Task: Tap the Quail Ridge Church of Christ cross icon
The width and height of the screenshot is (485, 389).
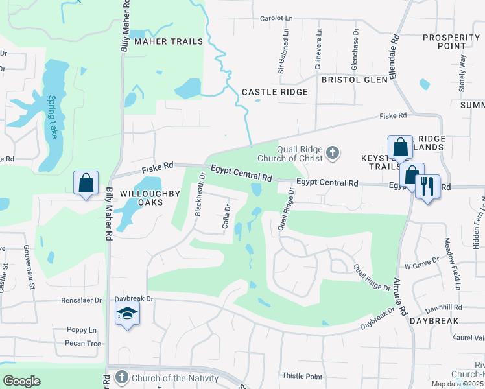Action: click(332, 153)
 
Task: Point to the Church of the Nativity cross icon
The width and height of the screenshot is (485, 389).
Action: click(121, 377)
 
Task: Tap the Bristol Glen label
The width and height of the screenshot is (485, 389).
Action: click(354, 79)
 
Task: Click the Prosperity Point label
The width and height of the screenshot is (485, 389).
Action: click(451, 41)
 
